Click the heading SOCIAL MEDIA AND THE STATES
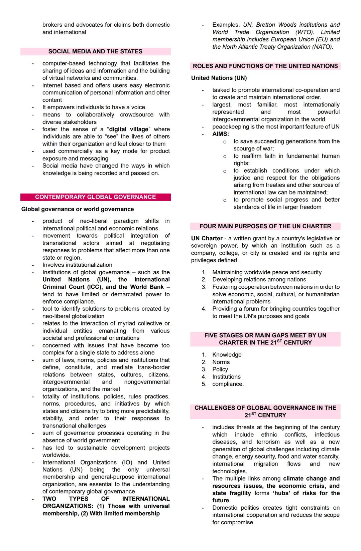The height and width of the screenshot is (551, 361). [95, 51]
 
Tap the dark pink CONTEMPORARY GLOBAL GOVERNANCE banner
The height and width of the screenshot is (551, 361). [95, 197]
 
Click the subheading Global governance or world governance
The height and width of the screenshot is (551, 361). [78, 209]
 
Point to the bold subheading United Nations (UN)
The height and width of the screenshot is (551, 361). [219, 78]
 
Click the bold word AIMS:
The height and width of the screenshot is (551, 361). [221, 134]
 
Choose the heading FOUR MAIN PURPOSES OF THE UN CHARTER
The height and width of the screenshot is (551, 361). [265, 226]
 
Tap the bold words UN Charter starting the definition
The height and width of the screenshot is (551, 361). [207, 238]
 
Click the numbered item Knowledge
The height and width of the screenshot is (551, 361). [227, 355]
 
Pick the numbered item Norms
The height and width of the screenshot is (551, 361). [221, 362]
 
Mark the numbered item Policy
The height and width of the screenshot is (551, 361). [220, 369]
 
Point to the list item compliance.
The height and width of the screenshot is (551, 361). [228, 384]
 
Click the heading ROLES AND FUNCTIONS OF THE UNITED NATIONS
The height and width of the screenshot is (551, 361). [265, 66]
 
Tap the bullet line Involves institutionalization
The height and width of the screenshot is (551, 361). [77, 265]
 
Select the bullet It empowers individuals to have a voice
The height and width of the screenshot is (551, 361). [94, 107]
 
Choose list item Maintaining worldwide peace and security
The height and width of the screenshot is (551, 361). [267, 272]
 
